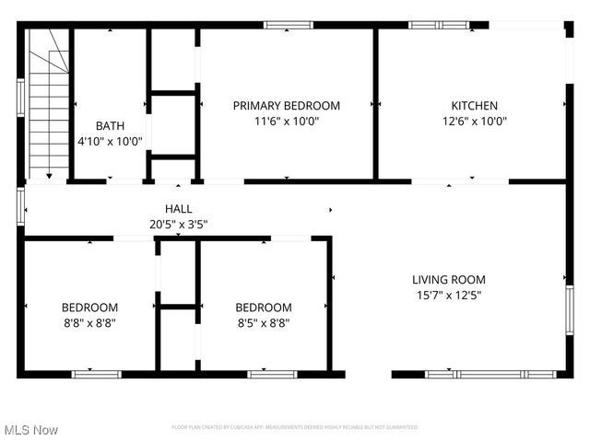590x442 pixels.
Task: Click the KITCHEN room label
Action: tap(474, 106)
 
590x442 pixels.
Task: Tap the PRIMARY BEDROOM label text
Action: tap(286, 106)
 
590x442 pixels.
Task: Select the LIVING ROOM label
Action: tap(448, 280)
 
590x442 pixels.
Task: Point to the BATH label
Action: tap(110, 126)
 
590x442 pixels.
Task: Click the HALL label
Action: tap(179, 209)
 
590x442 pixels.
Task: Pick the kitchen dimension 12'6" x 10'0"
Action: tap(474, 121)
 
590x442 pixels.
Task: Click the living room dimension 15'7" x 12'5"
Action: tap(448, 296)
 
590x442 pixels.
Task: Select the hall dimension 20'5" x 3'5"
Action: tap(179, 224)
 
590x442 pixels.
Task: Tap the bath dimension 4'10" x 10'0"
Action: tap(110, 141)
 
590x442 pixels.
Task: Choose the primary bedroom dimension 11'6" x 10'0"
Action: tap(286, 121)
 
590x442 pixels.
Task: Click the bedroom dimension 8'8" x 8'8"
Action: tap(89, 322)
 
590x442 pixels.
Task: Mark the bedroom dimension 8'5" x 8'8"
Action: tap(264, 322)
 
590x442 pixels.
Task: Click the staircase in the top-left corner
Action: tap(49, 101)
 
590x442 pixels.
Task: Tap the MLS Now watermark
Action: tap(31, 430)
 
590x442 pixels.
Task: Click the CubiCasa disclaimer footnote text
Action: tap(295, 427)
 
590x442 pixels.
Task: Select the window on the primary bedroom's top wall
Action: tap(288, 25)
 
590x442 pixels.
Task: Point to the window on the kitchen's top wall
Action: tap(439, 25)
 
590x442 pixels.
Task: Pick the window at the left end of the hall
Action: tap(20, 206)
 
